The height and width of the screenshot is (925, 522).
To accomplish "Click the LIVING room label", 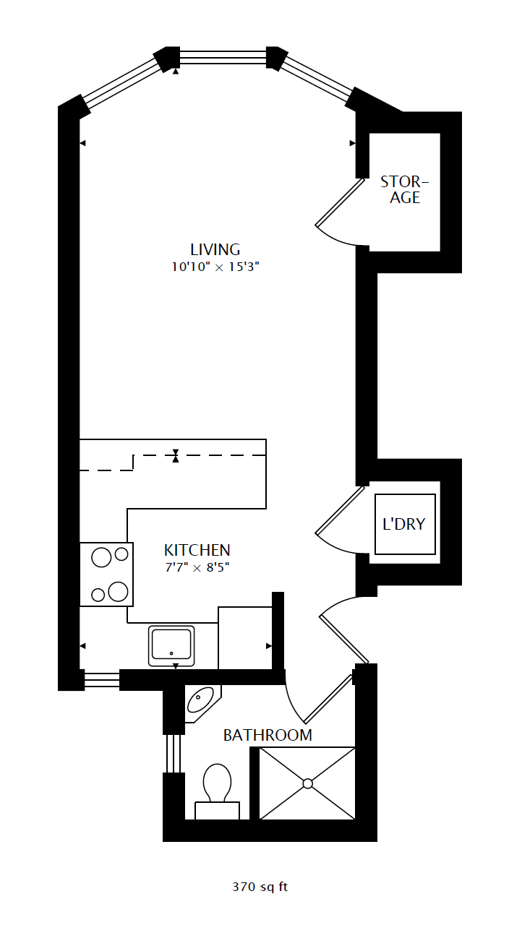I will (215, 249).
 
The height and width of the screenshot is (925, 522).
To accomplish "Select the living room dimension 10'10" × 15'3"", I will (215, 267).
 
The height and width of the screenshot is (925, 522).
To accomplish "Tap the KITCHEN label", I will (197, 550).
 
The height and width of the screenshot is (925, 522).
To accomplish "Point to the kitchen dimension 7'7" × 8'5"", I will (197, 567).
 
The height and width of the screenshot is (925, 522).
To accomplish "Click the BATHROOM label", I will (268, 735).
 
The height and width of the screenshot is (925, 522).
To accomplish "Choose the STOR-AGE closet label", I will (405, 189).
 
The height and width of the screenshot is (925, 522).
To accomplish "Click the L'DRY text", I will (404, 524).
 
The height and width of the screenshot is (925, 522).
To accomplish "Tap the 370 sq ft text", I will (260, 886).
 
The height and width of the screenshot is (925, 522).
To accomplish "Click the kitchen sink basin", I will (171, 645).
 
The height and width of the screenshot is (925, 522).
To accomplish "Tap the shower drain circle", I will (307, 783).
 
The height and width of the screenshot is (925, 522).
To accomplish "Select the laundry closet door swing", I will (338, 524).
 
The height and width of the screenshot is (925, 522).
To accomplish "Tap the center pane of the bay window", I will (223, 57).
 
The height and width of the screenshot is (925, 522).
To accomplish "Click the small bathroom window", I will (174, 753).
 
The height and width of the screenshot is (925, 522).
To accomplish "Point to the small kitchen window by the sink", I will (102, 679).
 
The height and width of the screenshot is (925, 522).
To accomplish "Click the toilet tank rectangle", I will (218, 810).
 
